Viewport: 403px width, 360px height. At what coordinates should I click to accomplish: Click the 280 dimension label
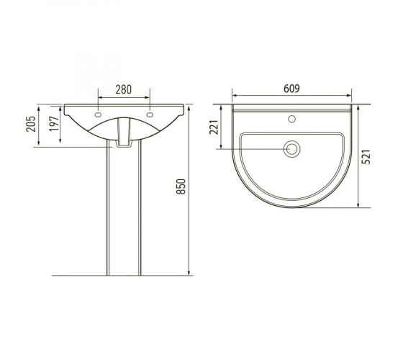[x=123, y=89]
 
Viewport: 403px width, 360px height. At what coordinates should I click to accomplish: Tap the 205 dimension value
[x=31, y=124]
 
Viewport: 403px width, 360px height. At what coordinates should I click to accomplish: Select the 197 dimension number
[x=54, y=124]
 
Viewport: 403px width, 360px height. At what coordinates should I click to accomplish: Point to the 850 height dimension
[x=181, y=186]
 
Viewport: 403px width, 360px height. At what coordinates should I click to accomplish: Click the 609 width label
[x=291, y=89]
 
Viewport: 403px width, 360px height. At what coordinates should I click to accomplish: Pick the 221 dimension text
[x=214, y=127]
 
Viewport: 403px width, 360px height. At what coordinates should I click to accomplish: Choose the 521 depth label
[x=366, y=156]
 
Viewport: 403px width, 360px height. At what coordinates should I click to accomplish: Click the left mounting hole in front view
[x=98, y=114]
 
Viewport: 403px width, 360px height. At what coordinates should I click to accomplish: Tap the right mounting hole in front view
[x=150, y=114]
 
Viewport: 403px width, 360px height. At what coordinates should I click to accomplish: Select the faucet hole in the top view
[x=291, y=119]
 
